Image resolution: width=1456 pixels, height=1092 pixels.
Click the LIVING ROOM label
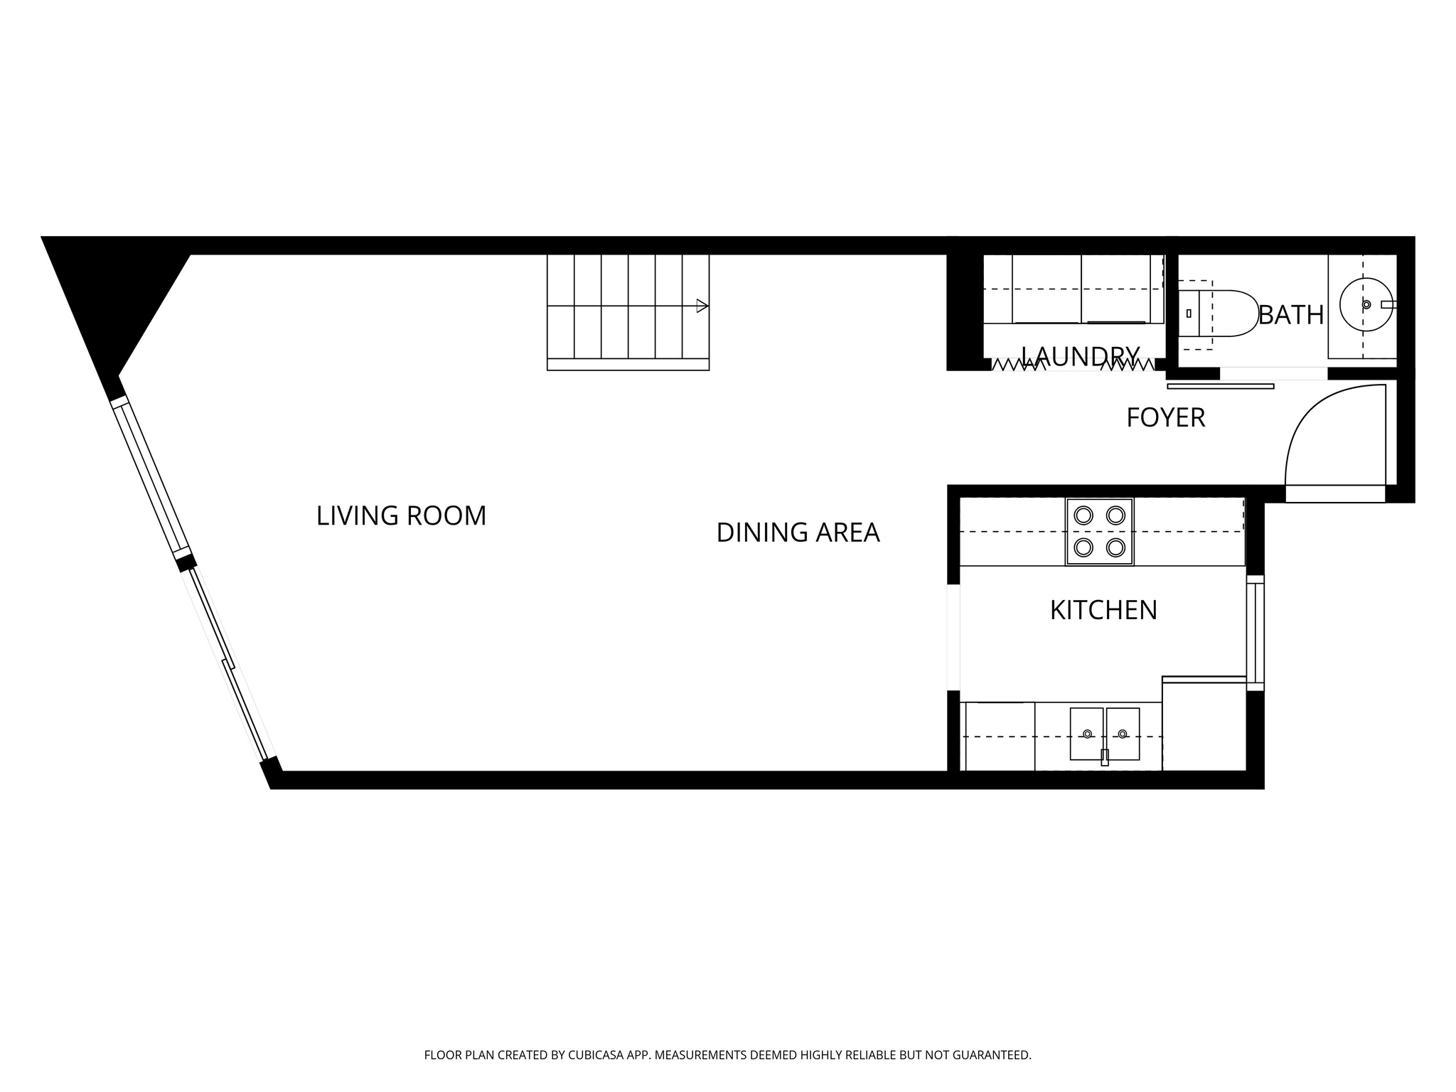[x=401, y=516]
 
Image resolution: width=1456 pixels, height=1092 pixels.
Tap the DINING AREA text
[x=798, y=532]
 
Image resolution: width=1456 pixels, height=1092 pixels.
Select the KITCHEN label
[x=1103, y=610]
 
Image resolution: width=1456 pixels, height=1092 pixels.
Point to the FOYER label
[x=1165, y=418]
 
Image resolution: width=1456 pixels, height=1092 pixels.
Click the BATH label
[x=1290, y=314]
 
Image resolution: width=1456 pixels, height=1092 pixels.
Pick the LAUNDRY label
[x=1080, y=355]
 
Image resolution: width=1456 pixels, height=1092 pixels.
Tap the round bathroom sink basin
[x=1365, y=304]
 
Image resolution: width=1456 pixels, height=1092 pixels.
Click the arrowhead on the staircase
[x=702, y=306]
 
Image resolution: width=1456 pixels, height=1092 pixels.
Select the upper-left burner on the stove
[x=1083, y=514]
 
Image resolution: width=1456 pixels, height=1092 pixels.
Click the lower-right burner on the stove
[x=1115, y=547]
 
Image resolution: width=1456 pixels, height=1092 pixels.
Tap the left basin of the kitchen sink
[x=1086, y=734]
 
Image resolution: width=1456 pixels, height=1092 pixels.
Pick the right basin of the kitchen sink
[x=1123, y=734]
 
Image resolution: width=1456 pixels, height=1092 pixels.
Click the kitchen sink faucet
[x=1104, y=757]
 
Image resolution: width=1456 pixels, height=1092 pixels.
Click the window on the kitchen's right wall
[x=1256, y=633]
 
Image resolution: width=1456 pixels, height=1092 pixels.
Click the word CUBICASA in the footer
[x=595, y=1056]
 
